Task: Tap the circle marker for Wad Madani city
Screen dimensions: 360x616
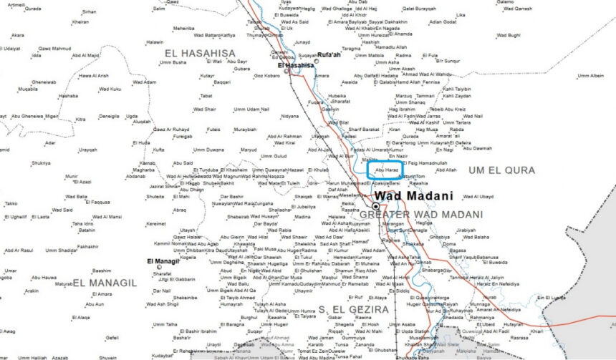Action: coord(375,205)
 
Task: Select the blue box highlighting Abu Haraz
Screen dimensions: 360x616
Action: coord(387,170)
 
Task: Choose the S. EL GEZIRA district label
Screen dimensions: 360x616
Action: coord(352,309)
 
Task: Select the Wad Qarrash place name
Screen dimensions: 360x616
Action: coord(518,8)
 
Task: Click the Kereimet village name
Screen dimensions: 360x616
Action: coord(155,223)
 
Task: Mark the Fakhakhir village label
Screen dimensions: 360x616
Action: coord(87,246)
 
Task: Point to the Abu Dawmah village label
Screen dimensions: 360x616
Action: coord(478,148)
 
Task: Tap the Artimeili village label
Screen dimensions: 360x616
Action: coord(15,5)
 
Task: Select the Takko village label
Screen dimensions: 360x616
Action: coord(10,203)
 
